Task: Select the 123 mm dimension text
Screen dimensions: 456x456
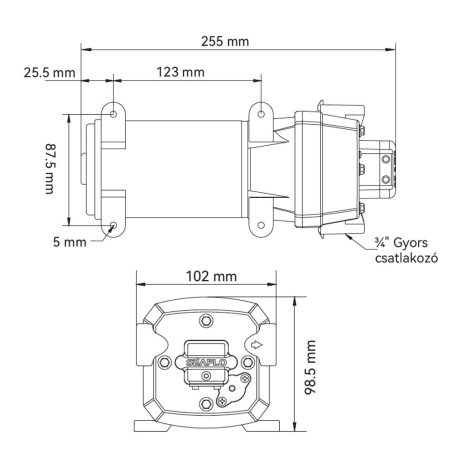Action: point(181,73)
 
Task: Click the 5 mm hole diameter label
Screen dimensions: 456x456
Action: point(70,242)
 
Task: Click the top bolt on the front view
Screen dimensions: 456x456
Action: point(207,322)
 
